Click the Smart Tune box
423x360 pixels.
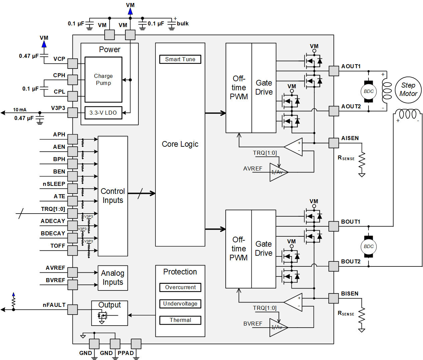(180, 59)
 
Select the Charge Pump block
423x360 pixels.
(103, 80)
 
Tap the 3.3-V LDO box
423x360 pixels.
(103, 113)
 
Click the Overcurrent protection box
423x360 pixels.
(180, 287)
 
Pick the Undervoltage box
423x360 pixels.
(180, 304)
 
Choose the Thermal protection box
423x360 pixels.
(180, 320)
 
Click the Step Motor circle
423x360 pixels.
(408, 90)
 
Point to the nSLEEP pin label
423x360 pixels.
(54, 184)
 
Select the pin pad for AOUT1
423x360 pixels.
(334, 71)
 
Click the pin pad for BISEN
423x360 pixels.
(334, 298)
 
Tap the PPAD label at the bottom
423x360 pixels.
(126, 353)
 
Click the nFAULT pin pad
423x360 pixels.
(73, 310)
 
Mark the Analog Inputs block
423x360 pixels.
(113, 278)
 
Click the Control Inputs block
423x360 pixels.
(113, 196)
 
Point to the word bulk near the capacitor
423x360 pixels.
(183, 24)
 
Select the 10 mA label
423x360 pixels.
(20, 110)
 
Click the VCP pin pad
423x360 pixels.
(73, 64)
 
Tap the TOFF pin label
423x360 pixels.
(58, 246)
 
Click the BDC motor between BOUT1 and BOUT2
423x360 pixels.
(368, 246)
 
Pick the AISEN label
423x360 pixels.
(350, 138)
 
